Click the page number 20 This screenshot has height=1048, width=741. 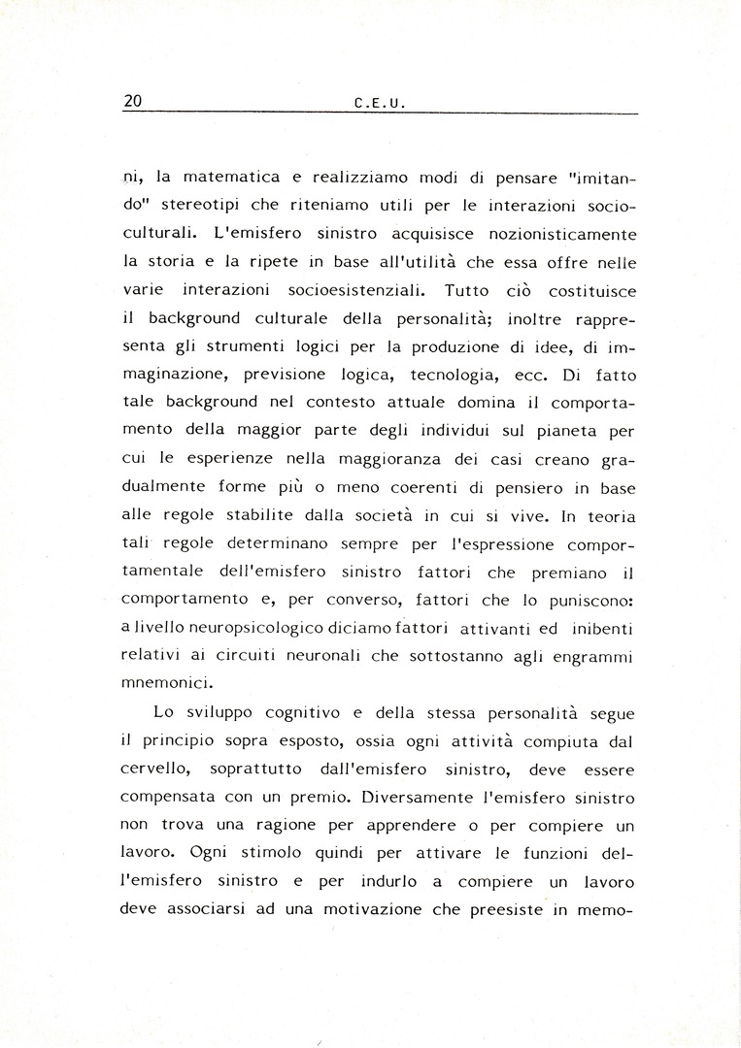coord(134,101)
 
